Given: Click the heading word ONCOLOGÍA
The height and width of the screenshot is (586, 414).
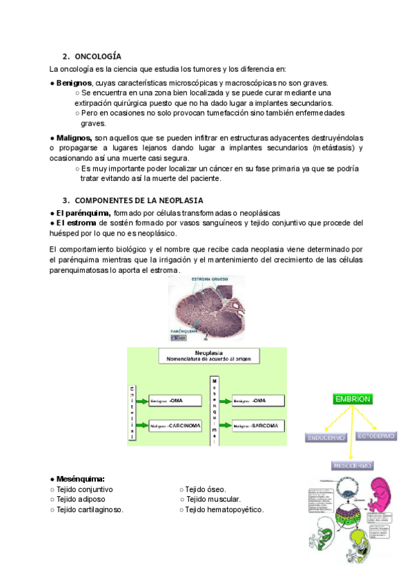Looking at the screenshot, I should coord(98,56).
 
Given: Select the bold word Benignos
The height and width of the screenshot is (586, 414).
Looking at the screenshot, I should coord(74,83).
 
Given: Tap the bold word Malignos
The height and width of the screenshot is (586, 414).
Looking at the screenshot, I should coord(74,138).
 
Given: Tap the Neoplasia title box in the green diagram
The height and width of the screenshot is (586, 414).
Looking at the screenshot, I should coord(208,355).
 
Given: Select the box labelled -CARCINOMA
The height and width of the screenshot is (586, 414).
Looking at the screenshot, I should coord(176,426).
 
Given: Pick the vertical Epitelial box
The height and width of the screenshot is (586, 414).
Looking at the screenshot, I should coord(132,413).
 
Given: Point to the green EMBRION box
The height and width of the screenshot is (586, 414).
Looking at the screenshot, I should coord(353,399).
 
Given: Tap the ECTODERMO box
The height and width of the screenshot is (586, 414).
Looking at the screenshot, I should coord(376,436).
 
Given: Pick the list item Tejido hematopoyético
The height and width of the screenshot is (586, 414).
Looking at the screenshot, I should coord(225,509).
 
